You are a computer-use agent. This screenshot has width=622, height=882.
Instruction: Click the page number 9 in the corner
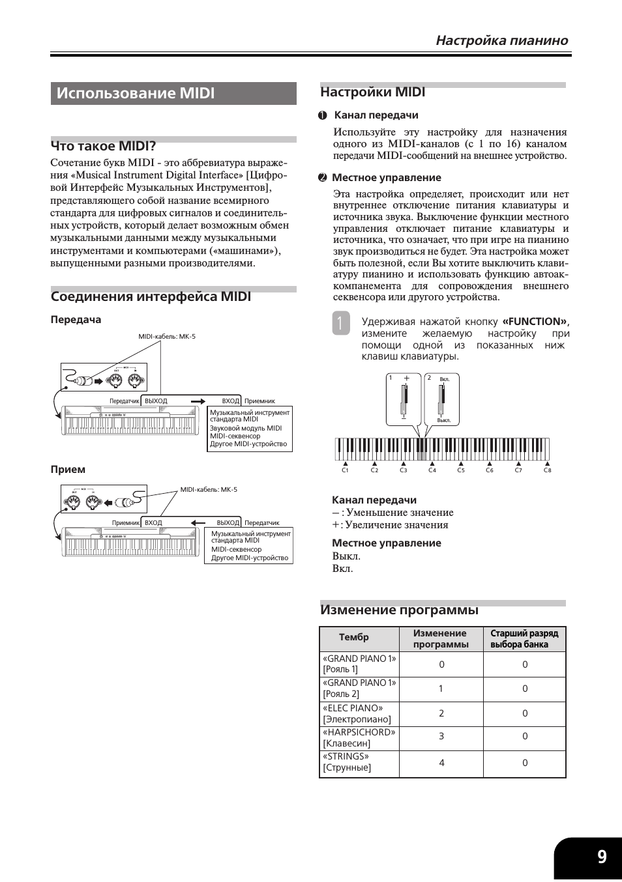tap(601, 857)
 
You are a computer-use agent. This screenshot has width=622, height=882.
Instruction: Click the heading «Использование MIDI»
tap(136, 93)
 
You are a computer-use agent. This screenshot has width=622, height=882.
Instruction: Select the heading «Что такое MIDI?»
tap(103, 146)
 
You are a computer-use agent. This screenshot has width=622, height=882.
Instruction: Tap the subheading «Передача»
tap(76, 320)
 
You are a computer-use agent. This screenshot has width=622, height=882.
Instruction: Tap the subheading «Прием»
tap(68, 470)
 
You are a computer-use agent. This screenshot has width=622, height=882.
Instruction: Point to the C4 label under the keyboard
tap(432, 470)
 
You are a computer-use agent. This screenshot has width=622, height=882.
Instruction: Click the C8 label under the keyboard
tap(548, 470)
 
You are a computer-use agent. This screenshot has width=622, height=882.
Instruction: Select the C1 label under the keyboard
tap(346, 470)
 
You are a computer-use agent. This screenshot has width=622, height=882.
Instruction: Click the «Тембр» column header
tap(354, 637)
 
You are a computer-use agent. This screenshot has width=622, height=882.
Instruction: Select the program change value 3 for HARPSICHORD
tap(441, 737)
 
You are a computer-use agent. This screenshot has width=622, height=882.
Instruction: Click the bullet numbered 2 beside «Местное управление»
tap(323, 178)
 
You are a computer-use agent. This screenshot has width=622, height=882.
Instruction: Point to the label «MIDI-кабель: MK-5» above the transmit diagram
tap(167, 337)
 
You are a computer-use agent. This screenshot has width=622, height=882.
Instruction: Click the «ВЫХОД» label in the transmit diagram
tap(156, 401)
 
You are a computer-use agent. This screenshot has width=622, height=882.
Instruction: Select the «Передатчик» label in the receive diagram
tap(262, 523)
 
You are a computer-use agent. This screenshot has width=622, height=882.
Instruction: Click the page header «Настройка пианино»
tap(501, 40)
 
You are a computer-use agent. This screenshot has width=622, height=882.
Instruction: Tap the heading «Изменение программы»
tap(399, 610)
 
